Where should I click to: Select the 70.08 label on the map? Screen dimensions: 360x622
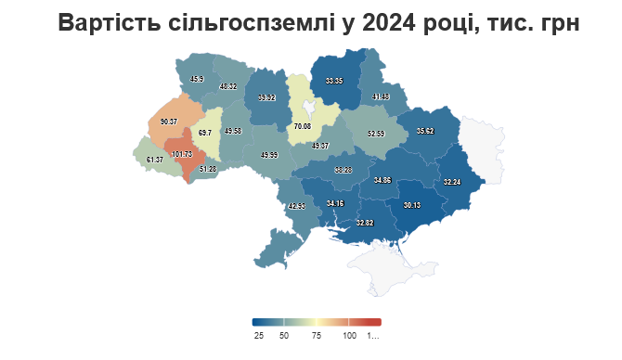pos(301,126)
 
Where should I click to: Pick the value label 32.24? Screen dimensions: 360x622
pos(452,182)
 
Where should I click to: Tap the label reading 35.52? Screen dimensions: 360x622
pos(425,132)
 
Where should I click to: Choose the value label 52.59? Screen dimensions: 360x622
pos(376,134)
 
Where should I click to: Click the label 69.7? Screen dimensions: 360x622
pos(204,134)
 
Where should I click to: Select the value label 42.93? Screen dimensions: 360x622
pos(296,206)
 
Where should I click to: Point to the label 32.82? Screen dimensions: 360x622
pos(364,223)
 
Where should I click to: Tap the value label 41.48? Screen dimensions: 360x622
pos(380,97)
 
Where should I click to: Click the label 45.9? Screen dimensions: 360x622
pos(197,80)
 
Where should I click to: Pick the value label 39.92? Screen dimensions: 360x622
pos(266,97)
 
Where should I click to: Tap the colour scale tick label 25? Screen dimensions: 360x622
pos(259,335)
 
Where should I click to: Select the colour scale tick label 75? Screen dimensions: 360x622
pos(316,335)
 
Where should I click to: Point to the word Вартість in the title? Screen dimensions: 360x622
pos(101,24)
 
